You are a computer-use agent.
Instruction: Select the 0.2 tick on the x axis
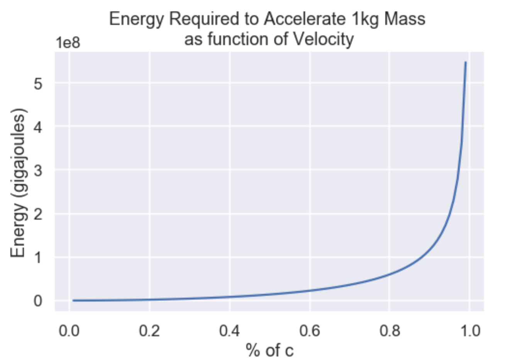click(x=149, y=331)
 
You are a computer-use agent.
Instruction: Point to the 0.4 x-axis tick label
click(x=229, y=331)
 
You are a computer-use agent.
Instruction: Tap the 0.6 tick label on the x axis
click(x=309, y=331)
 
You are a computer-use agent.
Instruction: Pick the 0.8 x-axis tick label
click(x=389, y=331)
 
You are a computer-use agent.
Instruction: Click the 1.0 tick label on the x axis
click(x=469, y=331)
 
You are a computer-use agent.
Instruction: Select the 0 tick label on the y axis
click(x=38, y=301)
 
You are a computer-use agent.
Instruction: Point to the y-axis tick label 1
click(x=38, y=257)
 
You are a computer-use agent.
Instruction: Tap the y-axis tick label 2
click(x=38, y=214)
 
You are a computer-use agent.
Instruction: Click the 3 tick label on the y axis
click(x=38, y=170)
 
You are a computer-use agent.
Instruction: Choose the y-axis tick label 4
click(x=38, y=126)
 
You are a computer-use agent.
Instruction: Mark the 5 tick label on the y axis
click(x=38, y=83)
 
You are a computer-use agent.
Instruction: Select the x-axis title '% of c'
click(x=269, y=351)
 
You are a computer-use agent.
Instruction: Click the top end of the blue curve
click(x=466, y=62)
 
